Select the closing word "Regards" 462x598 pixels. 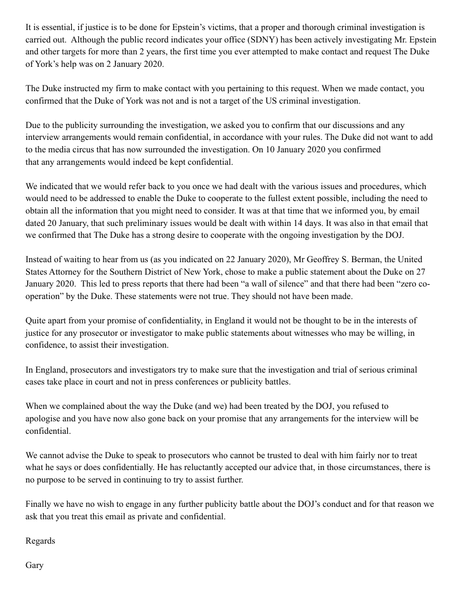40,541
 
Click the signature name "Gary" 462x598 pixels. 35,565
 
